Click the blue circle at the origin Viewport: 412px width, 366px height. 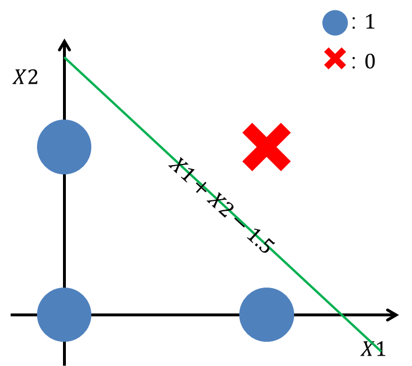click(64, 315)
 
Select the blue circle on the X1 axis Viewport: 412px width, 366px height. click(266, 315)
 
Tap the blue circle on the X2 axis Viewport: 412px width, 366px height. click(64, 147)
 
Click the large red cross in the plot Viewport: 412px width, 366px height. click(266, 147)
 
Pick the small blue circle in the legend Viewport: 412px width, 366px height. click(335, 23)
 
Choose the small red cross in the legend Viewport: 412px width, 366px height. click(335, 60)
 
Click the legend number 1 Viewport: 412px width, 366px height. click(370, 23)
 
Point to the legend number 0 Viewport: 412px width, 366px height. click(370, 61)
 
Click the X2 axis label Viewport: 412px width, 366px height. click(25, 77)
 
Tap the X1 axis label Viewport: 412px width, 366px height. click(373, 349)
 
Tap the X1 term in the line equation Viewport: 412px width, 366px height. click(180, 169)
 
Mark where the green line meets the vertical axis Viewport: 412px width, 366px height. click(64, 58)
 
